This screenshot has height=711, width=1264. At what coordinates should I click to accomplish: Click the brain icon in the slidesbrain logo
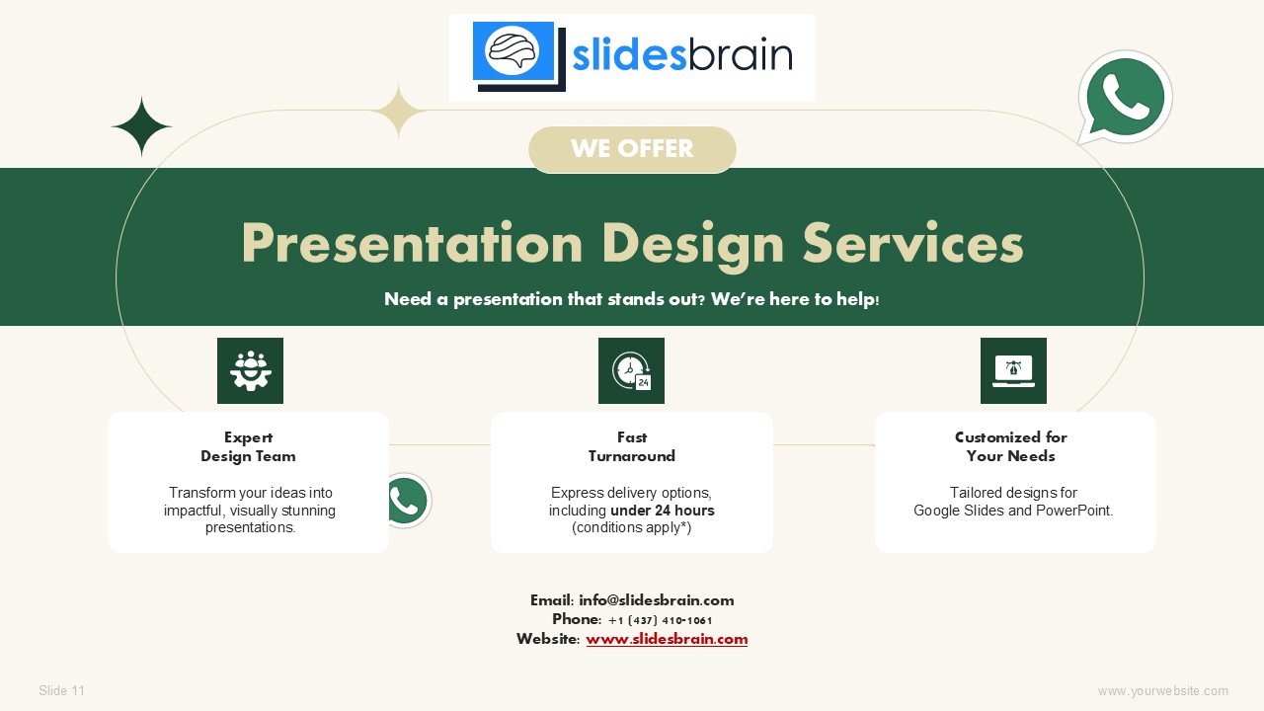click(513, 51)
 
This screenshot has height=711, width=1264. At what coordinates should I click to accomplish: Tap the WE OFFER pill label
click(632, 149)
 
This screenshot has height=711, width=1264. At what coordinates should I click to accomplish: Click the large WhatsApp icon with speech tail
click(1124, 98)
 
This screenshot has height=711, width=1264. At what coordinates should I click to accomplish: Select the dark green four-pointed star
click(141, 126)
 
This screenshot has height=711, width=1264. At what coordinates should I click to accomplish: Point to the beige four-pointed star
click(398, 111)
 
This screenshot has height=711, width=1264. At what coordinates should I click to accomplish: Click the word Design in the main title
click(693, 245)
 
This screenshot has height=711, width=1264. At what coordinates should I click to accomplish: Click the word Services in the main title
click(913, 243)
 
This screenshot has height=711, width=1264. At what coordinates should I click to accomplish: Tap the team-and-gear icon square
click(250, 370)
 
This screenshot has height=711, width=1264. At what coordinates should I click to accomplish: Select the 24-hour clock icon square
click(631, 370)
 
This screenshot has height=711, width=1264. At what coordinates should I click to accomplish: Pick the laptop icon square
click(1013, 370)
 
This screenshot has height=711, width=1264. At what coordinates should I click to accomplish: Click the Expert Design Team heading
click(248, 446)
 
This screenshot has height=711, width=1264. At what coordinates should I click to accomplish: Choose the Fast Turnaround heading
click(631, 446)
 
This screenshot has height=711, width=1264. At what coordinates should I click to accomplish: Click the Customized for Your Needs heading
click(1010, 446)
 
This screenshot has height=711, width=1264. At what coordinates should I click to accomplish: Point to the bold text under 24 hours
click(663, 511)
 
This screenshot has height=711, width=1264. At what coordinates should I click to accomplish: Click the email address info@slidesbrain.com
click(657, 600)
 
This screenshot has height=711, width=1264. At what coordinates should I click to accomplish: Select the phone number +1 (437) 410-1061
click(661, 621)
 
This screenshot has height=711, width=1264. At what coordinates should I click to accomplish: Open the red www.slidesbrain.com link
click(667, 639)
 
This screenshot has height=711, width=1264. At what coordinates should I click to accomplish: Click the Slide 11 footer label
click(61, 690)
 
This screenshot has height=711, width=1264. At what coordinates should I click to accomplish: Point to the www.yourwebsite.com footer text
click(1163, 691)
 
